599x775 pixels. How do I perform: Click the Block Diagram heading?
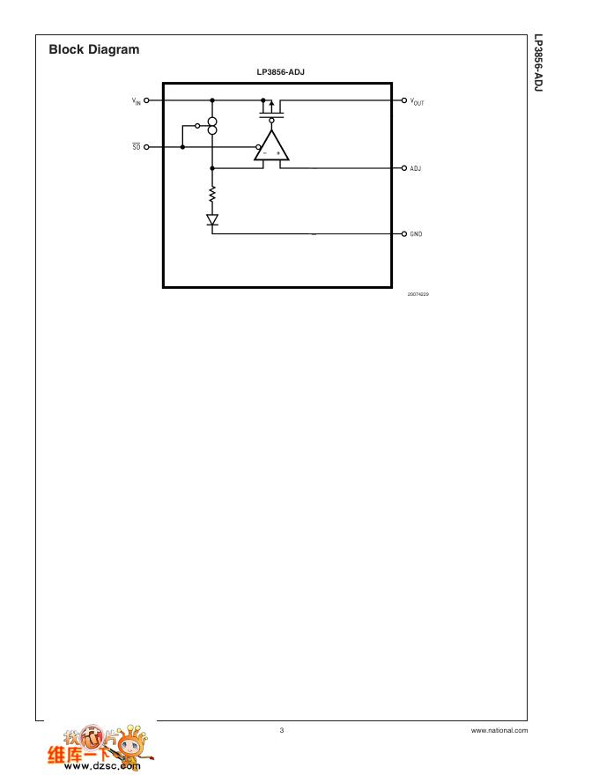pyautogui.click(x=94, y=50)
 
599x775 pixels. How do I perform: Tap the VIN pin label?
pyautogui.click(x=136, y=101)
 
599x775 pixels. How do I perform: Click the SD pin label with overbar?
pyautogui.click(x=137, y=147)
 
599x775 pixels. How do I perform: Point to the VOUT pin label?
pyautogui.click(x=417, y=101)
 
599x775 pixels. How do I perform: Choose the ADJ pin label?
pyautogui.click(x=416, y=168)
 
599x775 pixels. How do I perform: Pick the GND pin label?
pyautogui.click(x=416, y=234)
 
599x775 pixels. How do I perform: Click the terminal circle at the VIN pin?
pyautogui.click(x=147, y=100)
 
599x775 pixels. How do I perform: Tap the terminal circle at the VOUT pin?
pyautogui.click(x=404, y=100)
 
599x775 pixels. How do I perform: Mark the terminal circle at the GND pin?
pyautogui.click(x=404, y=234)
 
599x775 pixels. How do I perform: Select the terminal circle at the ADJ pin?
pyautogui.click(x=404, y=168)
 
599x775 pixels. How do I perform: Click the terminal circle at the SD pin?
pyautogui.click(x=147, y=147)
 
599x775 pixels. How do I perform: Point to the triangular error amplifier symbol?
pyautogui.click(x=271, y=148)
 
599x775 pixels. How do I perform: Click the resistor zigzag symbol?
pyautogui.click(x=212, y=194)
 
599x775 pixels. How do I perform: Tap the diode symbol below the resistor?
pyautogui.click(x=212, y=218)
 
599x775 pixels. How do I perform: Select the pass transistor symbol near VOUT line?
pyautogui.click(x=271, y=110)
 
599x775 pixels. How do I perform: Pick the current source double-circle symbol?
pyautogui.click(x=212, y=126)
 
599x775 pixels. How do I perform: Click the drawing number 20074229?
pyautogui.click(x=418, y=293)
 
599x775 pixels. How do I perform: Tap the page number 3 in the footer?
pyautogui.click(x=282, y=730)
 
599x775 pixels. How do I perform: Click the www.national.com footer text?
pyautogui.click(x=499, y=730)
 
